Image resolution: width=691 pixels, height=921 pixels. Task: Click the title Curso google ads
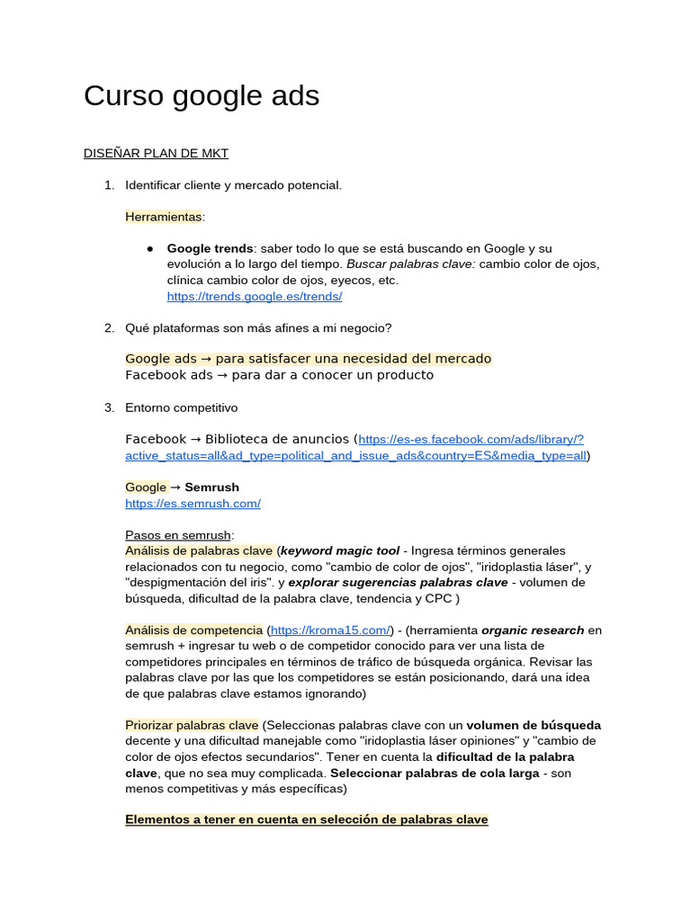pyautogui.click(x=202, y=96)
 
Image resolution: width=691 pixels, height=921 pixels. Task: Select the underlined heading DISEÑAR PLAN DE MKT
pyautogui.click(x=156, y=154)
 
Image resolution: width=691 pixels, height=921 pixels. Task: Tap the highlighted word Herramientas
pyautogui.click(x=164, y=217)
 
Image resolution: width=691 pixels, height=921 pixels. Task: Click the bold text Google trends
pyautogui.click(x=210, y=248)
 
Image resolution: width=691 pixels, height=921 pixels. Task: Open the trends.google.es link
pyautogui.click(x=255, y=297)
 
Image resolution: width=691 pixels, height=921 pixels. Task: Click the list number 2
pyautogui.click(x=109, y=327)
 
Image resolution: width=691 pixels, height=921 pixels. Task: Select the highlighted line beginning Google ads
pyautogui.click(x=308, y=359)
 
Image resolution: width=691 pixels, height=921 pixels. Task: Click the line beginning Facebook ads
pyautogui.click(x=279, y=375)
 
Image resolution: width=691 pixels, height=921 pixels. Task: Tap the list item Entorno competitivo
pyautogui.click(x=181, y=407)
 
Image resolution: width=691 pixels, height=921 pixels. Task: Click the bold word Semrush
pyautogui.click(x=211, y=487)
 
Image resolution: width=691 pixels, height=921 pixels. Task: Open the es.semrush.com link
pyautogui.click(x=193, y=504)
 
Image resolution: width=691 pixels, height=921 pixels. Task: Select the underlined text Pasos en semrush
pyautogui.click(x=177, y=535)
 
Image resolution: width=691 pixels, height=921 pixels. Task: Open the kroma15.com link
pyautogui.click(x=330, y=630)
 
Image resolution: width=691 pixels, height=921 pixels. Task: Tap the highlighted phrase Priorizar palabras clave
pyautogui.click(x=192, y=725)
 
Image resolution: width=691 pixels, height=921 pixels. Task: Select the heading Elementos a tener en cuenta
pyautogui.click(x=307, y=819)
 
